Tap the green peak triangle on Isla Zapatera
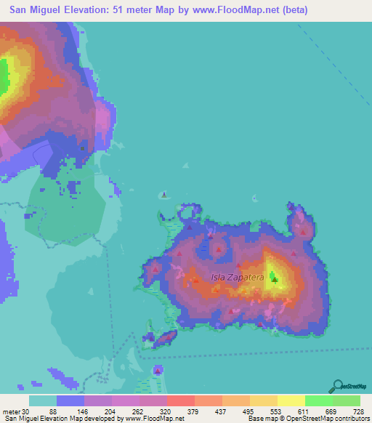pos(274,276)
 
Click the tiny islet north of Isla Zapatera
pos(165,194)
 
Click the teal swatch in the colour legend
pos(42,400)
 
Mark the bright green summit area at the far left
pos(3,74)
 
